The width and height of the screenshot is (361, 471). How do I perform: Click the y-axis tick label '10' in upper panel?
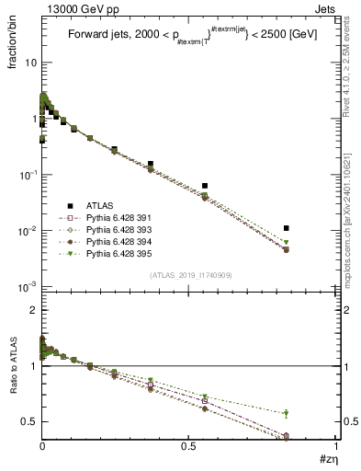pos(31,63)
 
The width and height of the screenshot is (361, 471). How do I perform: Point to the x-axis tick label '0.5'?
pos(188,445)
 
